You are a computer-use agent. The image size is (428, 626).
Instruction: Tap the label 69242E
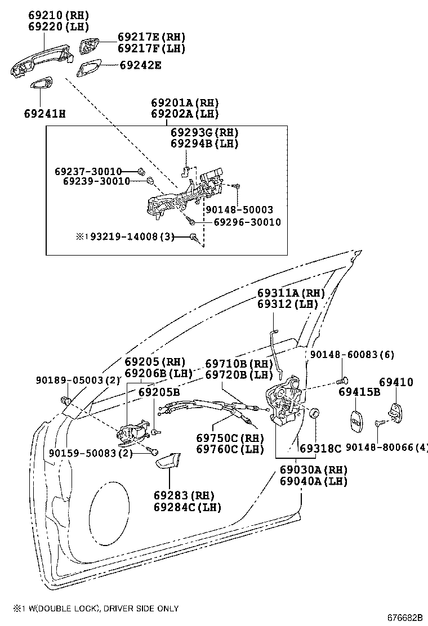pos(140,65)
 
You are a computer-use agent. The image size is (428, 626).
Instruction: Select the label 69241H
pos(44,114)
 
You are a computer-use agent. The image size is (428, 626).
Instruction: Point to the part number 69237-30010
pos(88,171)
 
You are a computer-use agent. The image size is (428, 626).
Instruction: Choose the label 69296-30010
pos(247,222)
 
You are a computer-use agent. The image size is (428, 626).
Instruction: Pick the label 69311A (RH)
pos(291,293)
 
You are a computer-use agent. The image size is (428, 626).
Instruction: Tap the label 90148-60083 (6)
pos(352,354)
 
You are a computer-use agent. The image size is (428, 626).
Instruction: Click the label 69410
pos(395,382)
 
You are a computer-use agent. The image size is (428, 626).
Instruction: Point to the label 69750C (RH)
pos(230,437)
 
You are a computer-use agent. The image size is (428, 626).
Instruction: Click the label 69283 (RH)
pos(184,495)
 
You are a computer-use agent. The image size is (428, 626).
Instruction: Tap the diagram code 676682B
pos(404,618)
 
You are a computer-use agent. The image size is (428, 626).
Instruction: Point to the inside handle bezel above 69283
pos(167,461)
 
